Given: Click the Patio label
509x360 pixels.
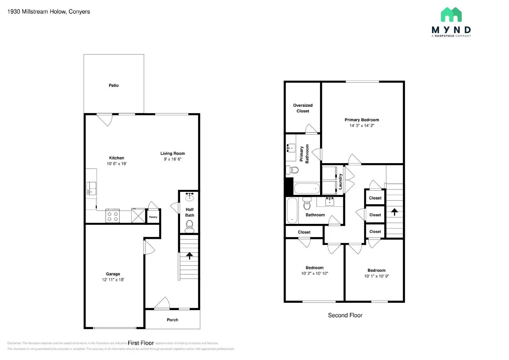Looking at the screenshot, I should [114, 85].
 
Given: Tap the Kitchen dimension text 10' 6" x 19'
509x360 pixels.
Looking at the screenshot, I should [116, 164].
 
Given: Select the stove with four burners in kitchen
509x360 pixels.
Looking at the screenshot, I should [113, 216].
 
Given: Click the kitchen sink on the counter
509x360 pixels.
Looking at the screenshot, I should [91, 189].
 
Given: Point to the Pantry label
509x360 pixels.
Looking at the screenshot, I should [153, 217].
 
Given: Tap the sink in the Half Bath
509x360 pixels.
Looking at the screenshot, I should [190, 197].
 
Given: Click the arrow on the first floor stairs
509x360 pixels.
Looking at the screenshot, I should [189, 255].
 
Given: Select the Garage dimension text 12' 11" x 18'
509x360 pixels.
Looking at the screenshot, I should [113, 280].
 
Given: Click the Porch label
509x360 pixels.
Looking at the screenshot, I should [172, 320].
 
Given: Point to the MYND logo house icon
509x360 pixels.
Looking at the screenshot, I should [451, 15].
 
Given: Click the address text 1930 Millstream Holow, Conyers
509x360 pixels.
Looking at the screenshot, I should [49, 12].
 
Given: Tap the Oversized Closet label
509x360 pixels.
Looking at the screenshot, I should [303, 108].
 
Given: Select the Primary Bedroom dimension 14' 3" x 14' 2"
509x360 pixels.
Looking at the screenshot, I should [362, 126].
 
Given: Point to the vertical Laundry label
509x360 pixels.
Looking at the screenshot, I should [340, 182].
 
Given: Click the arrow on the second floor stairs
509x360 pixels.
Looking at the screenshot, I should [394, 212].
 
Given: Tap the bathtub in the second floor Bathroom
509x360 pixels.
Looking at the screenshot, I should [292, 211].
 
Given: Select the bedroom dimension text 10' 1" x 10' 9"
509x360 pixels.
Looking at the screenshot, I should [376, 276].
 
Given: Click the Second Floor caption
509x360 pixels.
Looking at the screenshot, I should [345, 315].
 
